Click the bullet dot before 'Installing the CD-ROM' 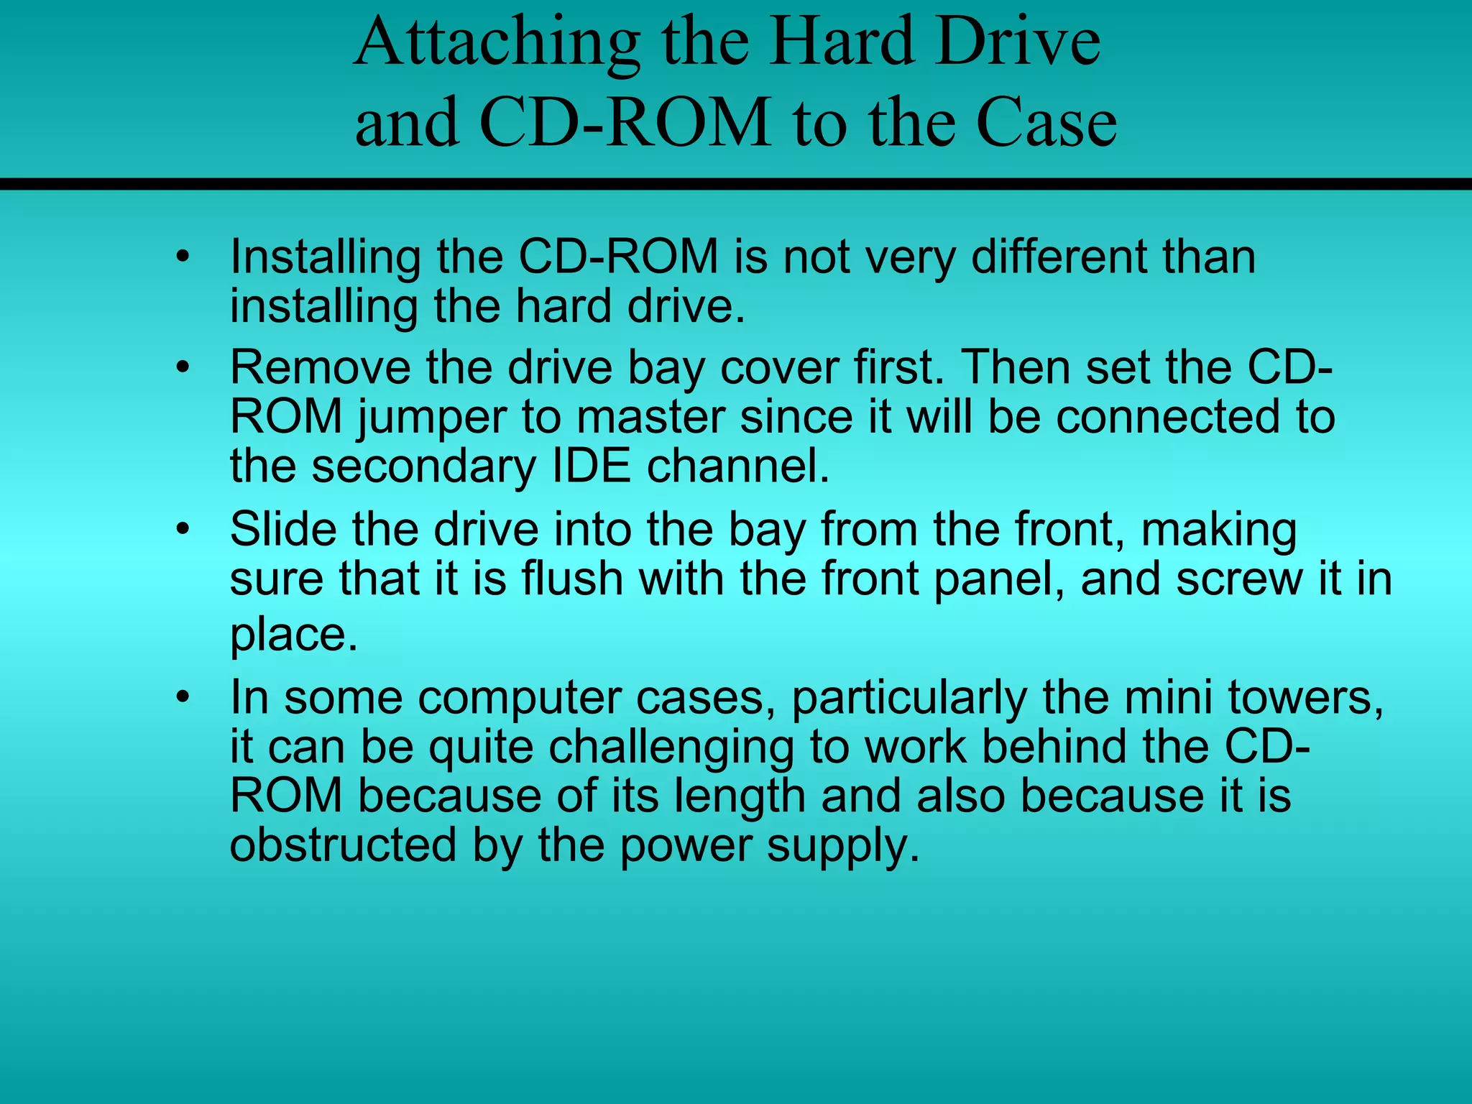(x=184, y=257)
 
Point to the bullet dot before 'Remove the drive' (x=184, y=368)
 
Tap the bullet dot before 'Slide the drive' (x=184, y=530)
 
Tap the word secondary (x=424, y=467)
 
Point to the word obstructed (x=343, y=845)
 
